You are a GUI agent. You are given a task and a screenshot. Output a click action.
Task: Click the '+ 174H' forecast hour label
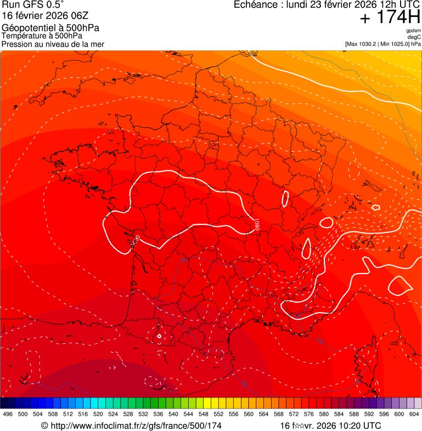(x=390, y=18)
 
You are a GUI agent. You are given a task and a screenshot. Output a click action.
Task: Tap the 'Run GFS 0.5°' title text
(x=33, y=5)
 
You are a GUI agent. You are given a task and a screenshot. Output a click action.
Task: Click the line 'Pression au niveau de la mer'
(x=53, y=44)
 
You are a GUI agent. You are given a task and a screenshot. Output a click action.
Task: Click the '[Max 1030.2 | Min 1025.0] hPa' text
(x=382, y=43)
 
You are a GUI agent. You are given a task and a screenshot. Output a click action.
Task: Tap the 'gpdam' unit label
(x=413, y=31)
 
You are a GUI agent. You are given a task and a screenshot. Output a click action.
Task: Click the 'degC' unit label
(x=414, y=37)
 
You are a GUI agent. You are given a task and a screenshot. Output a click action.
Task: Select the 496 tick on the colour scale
(x=8, y=414)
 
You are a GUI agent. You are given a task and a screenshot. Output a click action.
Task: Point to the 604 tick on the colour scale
(x=414, y=414)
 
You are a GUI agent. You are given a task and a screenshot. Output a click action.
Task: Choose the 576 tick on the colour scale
(x=309, y=414)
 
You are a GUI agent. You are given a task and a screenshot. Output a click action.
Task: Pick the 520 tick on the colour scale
(x=98, y=414)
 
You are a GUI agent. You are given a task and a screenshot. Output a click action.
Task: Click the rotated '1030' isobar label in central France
(x=256, y=225)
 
